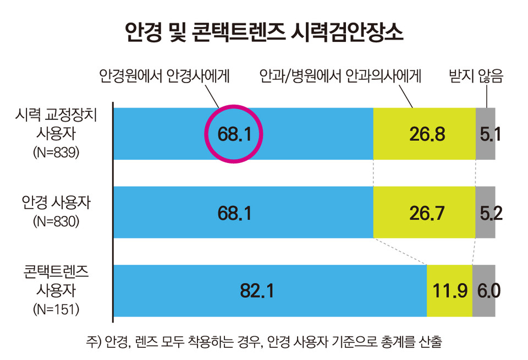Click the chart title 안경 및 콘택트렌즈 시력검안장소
pyautogui.click(x=264, y=31)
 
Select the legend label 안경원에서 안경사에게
pyautogui.click(x=164, y=77)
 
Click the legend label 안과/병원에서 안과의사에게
pyautogui.click(x=340, y=77)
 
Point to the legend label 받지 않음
pyautogui.click(x=476, y=77)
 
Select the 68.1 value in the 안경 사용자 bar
pyautogui.click(x=235, y=213)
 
